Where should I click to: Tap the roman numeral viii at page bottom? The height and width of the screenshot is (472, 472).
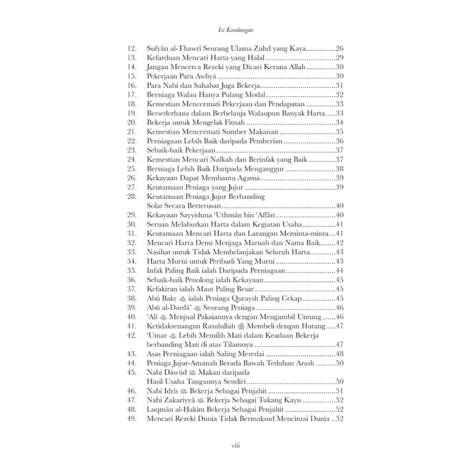click(x=236, y=447)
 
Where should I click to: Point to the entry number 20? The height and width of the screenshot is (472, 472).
click(x=132, y=123)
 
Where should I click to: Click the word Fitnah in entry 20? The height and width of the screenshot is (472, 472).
click(x=234, y=123)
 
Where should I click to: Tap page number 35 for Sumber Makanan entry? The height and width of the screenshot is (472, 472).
click(x=340, y=132)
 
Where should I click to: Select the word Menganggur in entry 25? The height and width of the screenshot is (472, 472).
click(x=263, y=169)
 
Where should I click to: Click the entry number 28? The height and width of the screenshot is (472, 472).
click(x=132, y=196)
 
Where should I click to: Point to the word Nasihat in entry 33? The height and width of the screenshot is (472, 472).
click(x=160, y=252)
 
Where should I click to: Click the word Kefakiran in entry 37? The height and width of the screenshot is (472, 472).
click(x=165, y=289)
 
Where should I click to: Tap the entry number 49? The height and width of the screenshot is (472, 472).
click(x=132, y=418)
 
